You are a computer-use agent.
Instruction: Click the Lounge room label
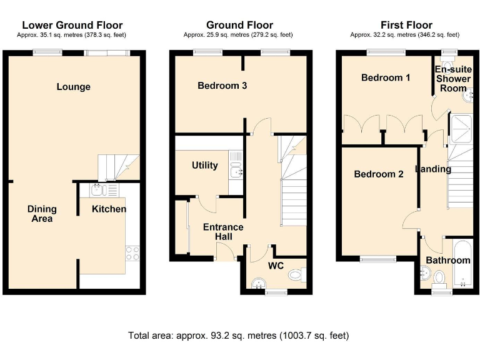(x=74, y=87)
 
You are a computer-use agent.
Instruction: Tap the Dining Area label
(x=42, y=214)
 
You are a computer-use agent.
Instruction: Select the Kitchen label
(x=109, y=209)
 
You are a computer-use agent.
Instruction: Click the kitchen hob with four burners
(x=132, y=253)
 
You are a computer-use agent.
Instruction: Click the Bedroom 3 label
(x=222, y=86)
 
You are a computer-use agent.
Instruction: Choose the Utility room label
(x=205, y=165)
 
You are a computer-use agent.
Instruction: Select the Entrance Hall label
(x=223, y=231)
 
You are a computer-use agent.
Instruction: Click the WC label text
(x=276, y=266)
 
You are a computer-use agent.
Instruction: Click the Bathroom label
(x=448, y=260)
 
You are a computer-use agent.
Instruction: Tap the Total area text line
(x=239, y=336)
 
